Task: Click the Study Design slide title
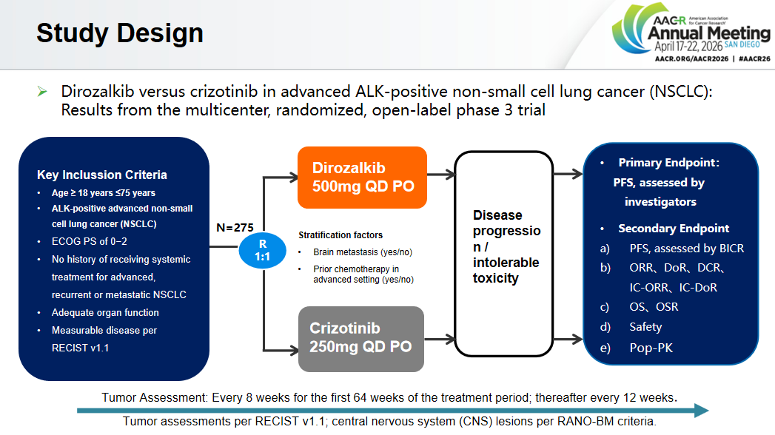pos(120,33)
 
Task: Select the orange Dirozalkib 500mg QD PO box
pos(362,177)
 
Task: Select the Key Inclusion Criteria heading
pos(102,175)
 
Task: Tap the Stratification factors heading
pos(340,235)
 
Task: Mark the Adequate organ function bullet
pos(105,312)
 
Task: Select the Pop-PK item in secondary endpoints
pos(651,347)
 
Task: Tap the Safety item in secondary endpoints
pos(645,327)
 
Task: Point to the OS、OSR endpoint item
pos(654,307)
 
